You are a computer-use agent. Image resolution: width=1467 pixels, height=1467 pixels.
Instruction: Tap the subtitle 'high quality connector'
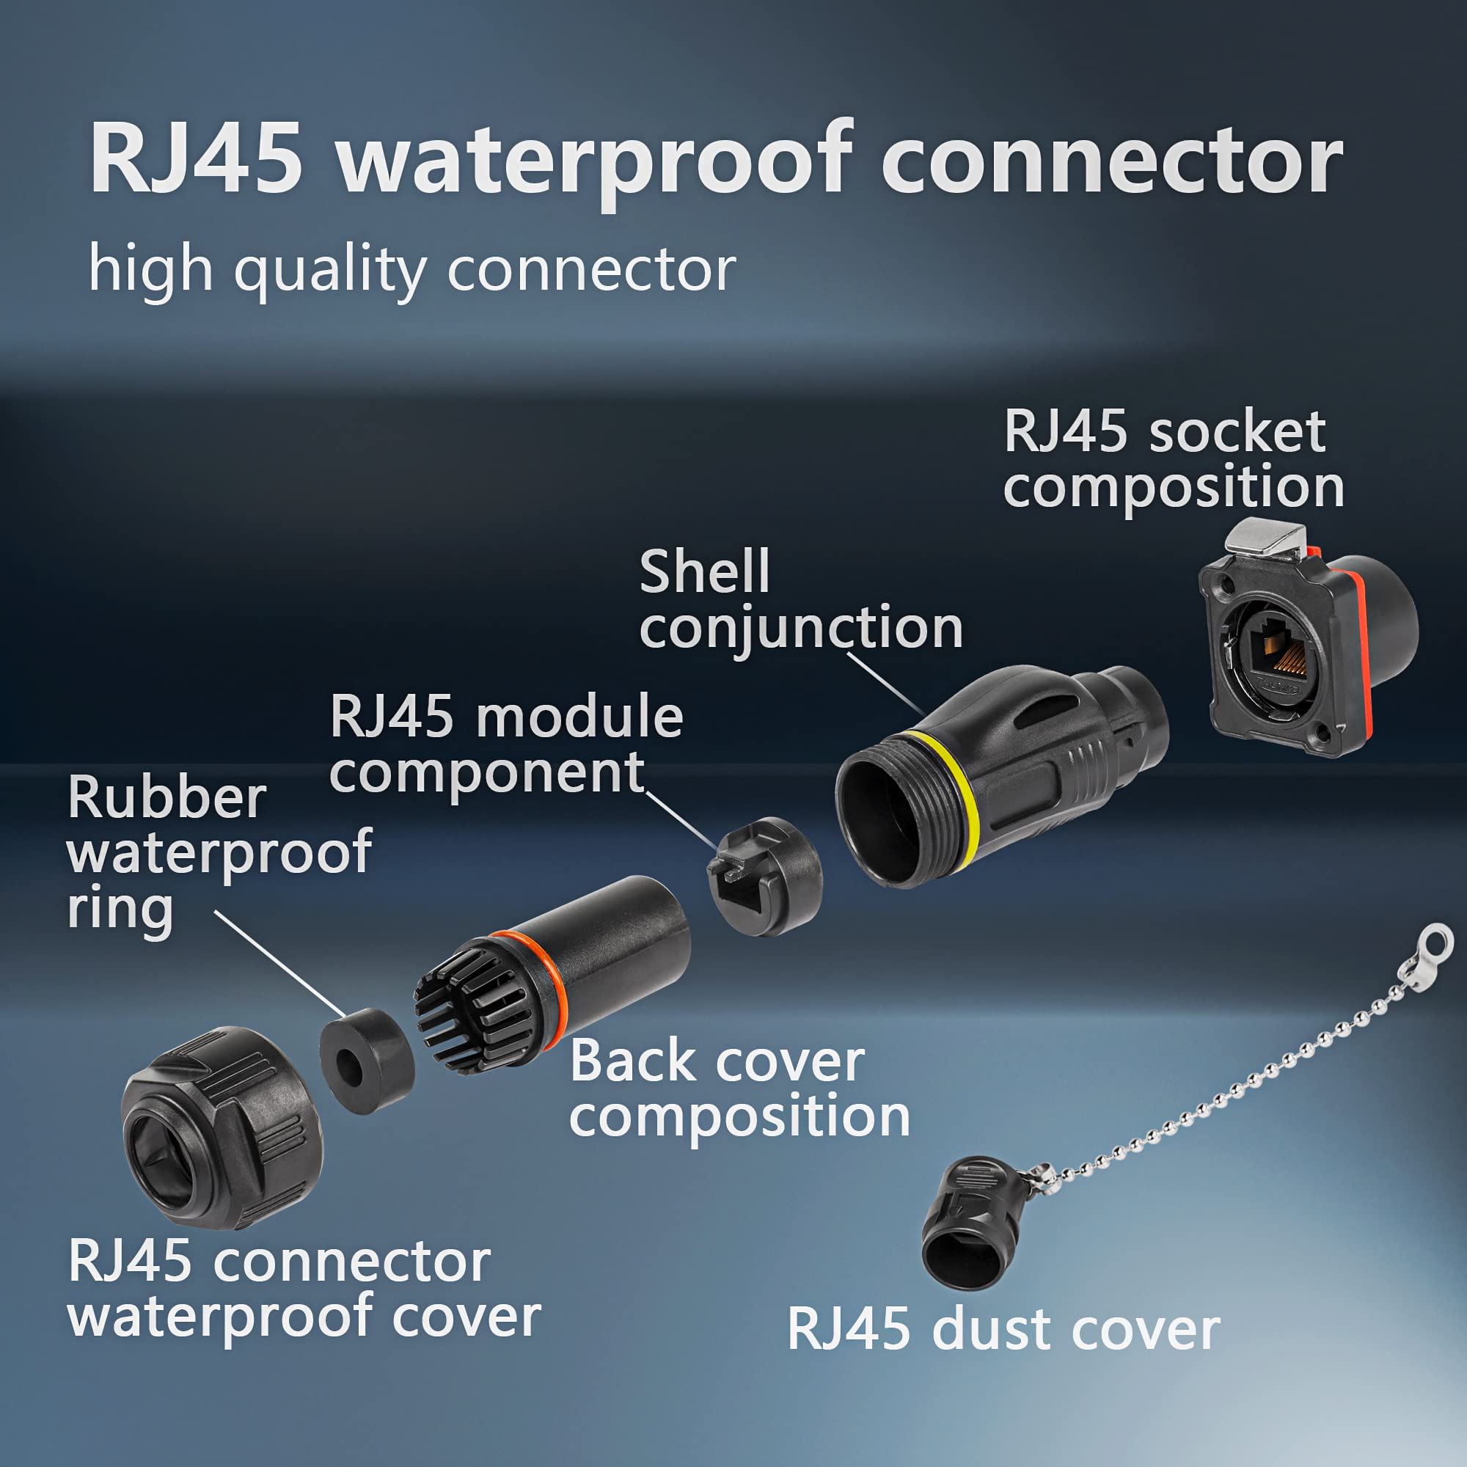[x=412, y=269]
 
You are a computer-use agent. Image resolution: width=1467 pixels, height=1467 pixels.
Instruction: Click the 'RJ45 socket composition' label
[x=1173, y=459]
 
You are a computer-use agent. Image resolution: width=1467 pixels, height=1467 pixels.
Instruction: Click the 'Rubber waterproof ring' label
[x=219, y=852]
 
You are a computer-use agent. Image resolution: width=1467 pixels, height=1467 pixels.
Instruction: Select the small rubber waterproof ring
[x=366, y=1060]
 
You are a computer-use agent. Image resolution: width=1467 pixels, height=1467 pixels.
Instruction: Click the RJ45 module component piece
[x=764, y=875]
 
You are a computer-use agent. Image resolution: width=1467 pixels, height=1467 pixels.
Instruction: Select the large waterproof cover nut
[x=222, y=1127]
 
